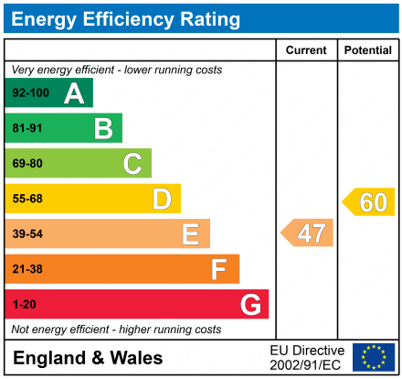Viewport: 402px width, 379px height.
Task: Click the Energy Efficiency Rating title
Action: (128, 18)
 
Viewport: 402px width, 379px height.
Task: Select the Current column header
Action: (306, 50)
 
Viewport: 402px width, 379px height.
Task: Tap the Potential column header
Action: (367, 50)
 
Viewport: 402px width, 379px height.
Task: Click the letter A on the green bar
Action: (73, 93)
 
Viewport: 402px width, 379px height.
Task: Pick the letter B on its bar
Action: (102, 128)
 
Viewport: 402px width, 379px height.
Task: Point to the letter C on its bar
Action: (132, 164)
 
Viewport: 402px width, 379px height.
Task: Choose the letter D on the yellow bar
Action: (161, 199)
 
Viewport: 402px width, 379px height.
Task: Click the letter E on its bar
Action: (190, 234)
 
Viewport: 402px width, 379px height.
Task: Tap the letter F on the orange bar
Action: (218, 269)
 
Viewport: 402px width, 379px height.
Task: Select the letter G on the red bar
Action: (249, 304)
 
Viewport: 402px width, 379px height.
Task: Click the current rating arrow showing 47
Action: (308, 233)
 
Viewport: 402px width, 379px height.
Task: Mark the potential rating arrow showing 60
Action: (369, 201)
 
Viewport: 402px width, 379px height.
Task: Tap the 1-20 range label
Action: (24, 304)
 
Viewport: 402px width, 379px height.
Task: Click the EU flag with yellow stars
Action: (374, 357)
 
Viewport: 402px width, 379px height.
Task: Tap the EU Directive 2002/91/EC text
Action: (307, 357)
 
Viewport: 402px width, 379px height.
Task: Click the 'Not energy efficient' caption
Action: (116, 329)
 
